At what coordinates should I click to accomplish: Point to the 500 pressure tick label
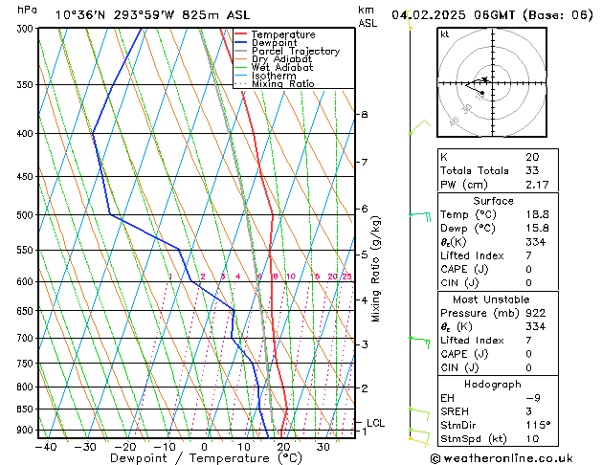(25, 215)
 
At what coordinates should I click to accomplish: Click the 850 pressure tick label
(25, 410)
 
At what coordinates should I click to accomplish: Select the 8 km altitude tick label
(364, 115)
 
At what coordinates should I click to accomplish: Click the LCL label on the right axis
(376, 422)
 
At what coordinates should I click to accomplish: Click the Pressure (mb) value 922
(534, 313)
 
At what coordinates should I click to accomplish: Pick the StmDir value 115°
(536, 425)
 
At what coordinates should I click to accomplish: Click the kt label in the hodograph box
(445, 33)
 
